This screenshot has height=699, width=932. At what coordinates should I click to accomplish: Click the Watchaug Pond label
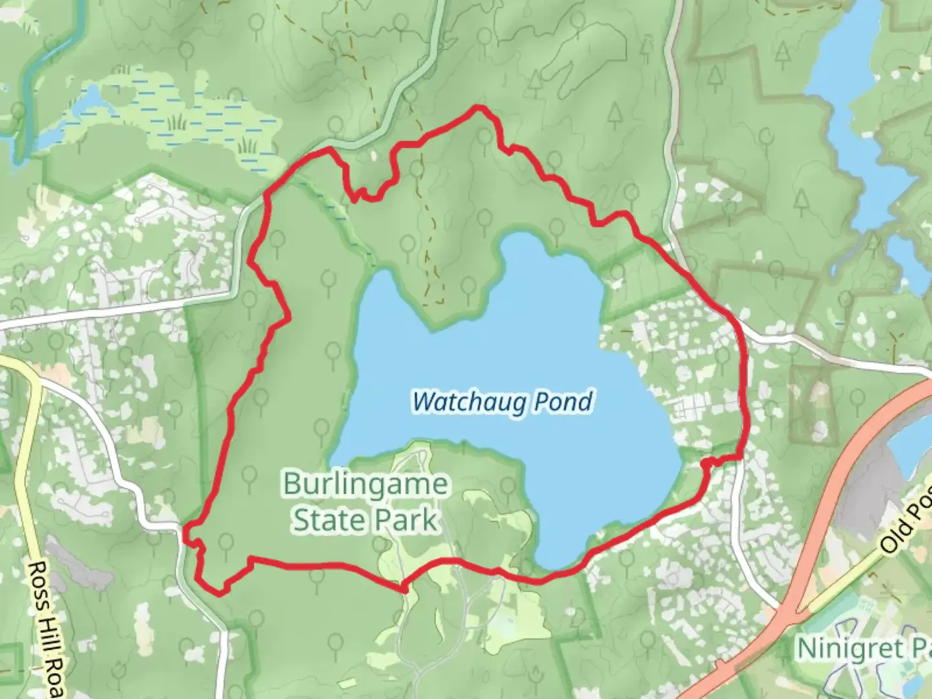502,402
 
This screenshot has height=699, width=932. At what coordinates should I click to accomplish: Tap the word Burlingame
365,484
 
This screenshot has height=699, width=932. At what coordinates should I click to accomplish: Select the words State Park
365,520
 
